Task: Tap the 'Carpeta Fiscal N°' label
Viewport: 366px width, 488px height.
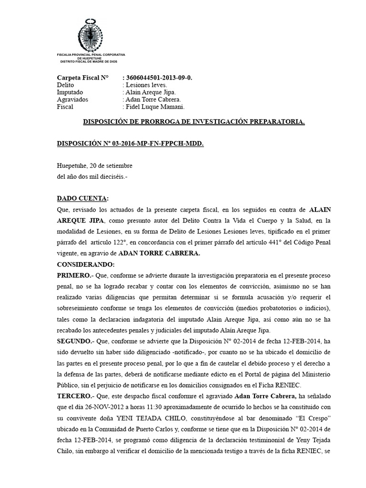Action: click(x=82, y=77)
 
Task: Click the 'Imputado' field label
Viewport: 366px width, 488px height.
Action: click(x=70, y=92)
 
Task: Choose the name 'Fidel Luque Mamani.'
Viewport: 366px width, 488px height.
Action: click(x=154, y=107)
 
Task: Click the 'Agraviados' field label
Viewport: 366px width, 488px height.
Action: click(x=72, y=100)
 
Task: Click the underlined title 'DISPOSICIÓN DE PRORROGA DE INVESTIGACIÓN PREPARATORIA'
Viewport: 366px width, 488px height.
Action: click(x=194, y=122)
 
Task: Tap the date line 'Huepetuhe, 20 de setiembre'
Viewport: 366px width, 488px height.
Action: click(x=94, y=165)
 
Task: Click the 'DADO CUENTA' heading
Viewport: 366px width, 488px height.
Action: click(x=82, y=198)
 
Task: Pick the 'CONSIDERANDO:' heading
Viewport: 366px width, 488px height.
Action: click(x=86, y=264)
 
